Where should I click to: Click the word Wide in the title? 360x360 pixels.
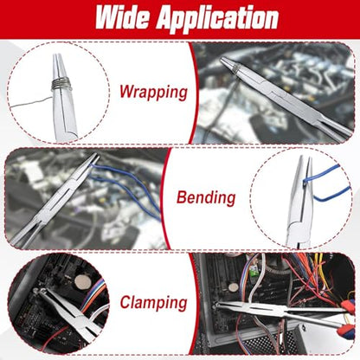pyautogui.click(x=122, y=17)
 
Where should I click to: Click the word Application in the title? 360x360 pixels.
pyautogui.click(x=217, y=19)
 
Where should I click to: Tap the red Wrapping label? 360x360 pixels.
pyautogui.click(x=153, y=93)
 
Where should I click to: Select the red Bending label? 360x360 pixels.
pyautogui.click(x=206, y=197)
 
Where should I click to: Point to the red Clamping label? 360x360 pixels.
pyautogui.click(x=153, y=303)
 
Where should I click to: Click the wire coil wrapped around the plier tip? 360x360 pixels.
pyautogui.click(x=61, y=84)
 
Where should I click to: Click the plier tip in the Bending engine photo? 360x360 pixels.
pyautogui.click(x=96, y=156)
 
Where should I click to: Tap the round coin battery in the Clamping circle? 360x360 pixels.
pyautogui.click(x=83, y=282)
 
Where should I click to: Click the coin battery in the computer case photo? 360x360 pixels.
pyautogui.click(x=234, y=287)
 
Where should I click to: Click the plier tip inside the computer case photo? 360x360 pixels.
pyautogui.click(x=217, y=305)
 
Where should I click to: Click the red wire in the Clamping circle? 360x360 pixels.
pyautogui.click(x=54, y=337)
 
